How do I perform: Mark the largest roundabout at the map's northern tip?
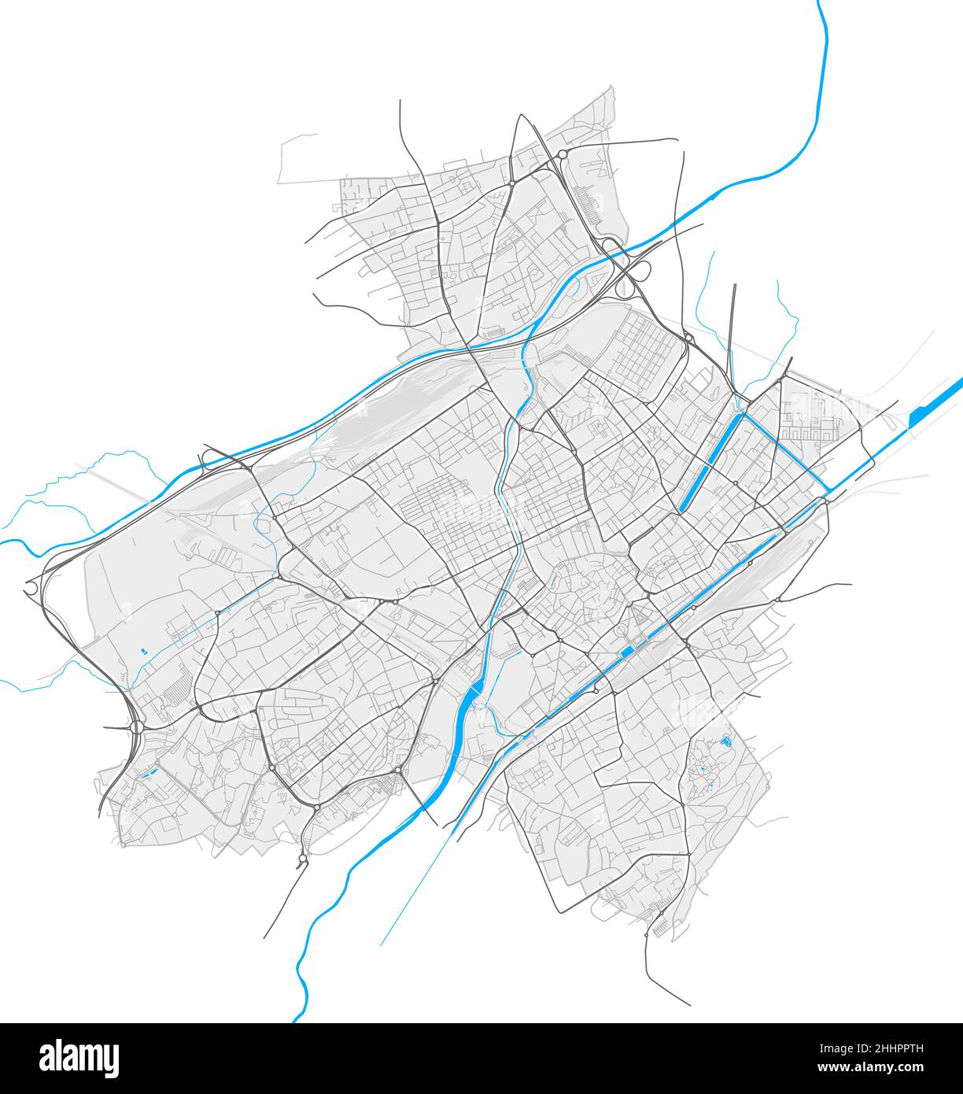click(x=563, y=154)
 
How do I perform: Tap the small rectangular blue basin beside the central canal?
click(x=627, y=652)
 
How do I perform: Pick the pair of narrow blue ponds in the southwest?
click(x=146, y=774)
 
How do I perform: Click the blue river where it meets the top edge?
click(x=820, y=3)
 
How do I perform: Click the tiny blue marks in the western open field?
click(x=143, y=651)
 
